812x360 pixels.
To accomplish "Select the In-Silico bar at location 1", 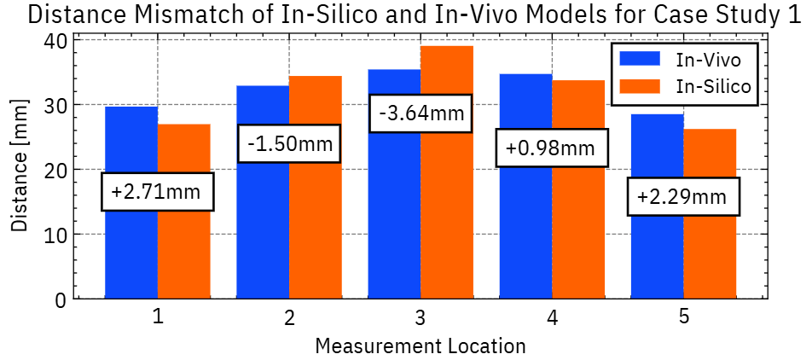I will coord(184,247).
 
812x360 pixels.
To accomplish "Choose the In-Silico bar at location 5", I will coord(710,256).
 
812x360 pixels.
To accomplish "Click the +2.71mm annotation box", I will coord(157,192).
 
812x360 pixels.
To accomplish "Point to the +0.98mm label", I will coord(551,148).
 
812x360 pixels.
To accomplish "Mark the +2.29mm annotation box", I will coord(682,197).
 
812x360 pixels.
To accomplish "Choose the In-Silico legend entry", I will coord(682,86).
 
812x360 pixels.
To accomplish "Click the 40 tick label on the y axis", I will coord(54,40).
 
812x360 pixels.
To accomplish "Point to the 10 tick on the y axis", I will coord(54,235).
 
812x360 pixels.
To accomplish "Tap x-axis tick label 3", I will coord(420,318).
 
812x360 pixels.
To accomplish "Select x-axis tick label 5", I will coord(684,316).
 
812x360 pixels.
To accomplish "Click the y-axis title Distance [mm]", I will coord(20,168).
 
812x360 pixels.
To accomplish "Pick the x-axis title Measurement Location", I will coord(420,345).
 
